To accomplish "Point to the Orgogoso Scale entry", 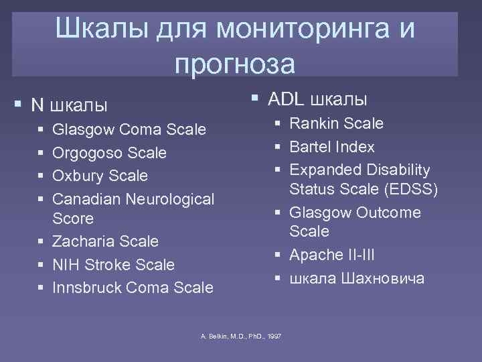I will [x=109, y=153].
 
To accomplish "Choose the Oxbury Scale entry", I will [x=100, y=176].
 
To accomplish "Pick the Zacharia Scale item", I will [x=105, y=241].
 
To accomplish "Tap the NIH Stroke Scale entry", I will [x=113, y=265].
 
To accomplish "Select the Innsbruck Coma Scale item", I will [x=133, y=288].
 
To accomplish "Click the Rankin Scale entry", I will [x=336, y=123].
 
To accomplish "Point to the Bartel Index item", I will [x=331, y=147].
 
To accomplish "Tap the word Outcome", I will [x=388, y=213].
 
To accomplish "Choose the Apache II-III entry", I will [x=333, y=255].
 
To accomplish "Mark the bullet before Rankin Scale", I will [x=276, y=124].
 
